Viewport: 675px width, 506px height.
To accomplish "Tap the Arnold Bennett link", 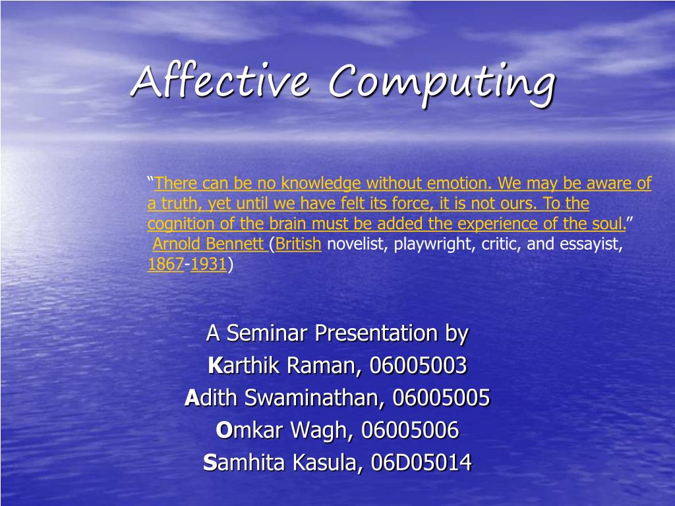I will click(x=208, y=244).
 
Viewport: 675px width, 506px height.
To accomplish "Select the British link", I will click(x=299, y=244).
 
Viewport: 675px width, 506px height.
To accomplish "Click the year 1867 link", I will click(x=165, y=265).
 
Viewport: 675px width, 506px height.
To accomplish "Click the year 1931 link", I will click(x=208, y=265).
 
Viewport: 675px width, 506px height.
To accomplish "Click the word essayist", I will click(x=591, y=244).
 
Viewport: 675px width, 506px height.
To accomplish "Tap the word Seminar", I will click(x=268, y=333).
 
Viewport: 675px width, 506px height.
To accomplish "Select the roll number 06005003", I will click(x=418, y=365).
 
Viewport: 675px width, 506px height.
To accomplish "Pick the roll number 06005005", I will click(x=441, y=397).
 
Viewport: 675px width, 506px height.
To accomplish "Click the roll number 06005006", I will click(x=409, y=430).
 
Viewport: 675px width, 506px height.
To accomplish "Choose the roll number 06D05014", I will click(x=421, y=463).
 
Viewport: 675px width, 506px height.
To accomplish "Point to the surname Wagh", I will click(x=325, y=430).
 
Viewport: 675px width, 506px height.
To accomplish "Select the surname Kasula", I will click(x=328, y=463).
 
